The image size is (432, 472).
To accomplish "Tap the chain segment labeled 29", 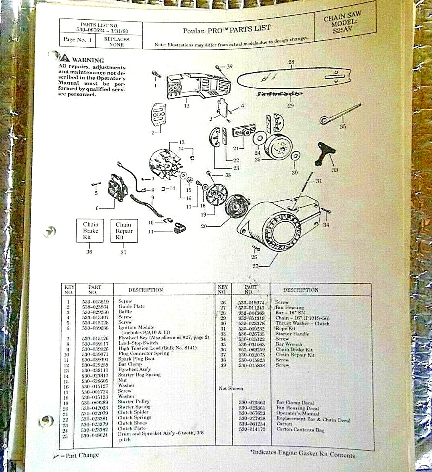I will [279, 95].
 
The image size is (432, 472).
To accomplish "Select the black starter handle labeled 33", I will [326, 154].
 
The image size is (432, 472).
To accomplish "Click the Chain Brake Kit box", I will [90, 231].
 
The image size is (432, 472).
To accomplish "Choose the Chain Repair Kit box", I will [124, 231].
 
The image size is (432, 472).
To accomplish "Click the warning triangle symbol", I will [65, 58].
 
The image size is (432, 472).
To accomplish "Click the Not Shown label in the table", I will [231, 388].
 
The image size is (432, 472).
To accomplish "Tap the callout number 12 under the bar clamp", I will [187, 106].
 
